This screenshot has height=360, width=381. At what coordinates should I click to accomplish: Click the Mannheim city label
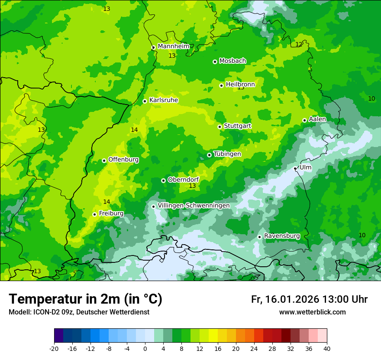(173, 46)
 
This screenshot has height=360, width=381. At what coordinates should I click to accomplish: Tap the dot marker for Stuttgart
(220, 127)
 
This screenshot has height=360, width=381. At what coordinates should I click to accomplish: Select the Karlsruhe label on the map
(163, 100)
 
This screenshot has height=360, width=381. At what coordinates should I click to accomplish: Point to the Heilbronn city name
(240, 85)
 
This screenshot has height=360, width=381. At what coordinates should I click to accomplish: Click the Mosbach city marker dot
(215, 62)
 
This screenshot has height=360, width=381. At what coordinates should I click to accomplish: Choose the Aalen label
(317, 119)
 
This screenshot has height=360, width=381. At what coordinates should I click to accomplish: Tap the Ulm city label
(305, 167)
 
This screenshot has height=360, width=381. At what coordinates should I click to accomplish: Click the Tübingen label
(227, 154)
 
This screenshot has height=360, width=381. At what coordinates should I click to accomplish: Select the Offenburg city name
(123, 160)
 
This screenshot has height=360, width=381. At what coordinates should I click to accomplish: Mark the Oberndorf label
(183, 180)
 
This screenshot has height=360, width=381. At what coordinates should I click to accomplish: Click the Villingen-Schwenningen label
(194, 206)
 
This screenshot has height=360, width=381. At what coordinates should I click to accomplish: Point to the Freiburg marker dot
(94, 214)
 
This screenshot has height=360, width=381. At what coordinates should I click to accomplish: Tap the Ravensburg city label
(282, 236)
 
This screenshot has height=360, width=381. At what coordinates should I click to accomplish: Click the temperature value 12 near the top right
(299, 44)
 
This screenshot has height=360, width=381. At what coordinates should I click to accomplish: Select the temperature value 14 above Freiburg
(107, 202)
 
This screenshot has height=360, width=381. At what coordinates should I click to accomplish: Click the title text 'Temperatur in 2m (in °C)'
(85, 299)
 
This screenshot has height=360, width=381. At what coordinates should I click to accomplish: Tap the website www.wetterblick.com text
(312, 312)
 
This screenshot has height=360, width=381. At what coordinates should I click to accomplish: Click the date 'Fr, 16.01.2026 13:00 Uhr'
(309, 299)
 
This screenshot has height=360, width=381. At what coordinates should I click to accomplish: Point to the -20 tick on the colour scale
(54, 348)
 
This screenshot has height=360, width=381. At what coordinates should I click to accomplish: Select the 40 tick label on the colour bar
(326, 348)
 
